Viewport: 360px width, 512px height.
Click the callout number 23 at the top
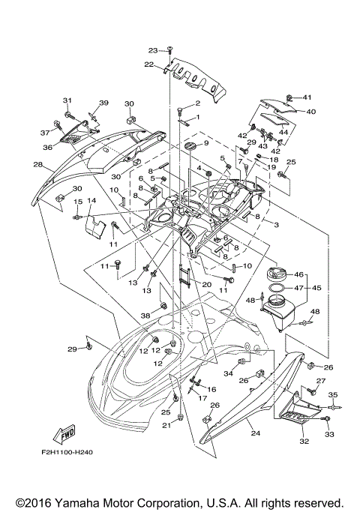152,50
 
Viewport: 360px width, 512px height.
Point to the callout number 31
67,100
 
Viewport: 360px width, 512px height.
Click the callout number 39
103,103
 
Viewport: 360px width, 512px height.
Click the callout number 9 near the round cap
206,142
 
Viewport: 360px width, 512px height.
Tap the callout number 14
91,201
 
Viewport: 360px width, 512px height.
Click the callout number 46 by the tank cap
298,274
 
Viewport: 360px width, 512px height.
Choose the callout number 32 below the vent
304,442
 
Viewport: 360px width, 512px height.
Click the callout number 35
334,394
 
